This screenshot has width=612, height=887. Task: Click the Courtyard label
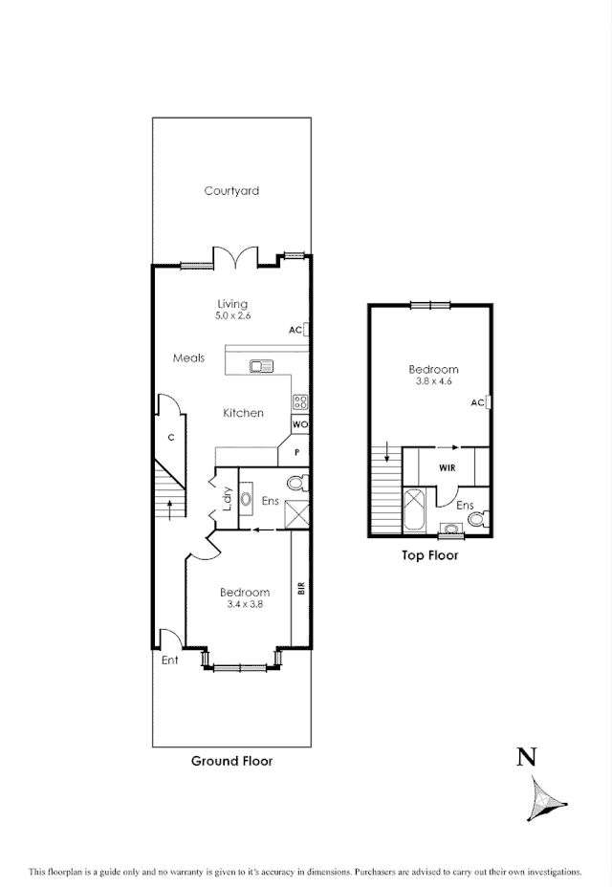pos(231,191)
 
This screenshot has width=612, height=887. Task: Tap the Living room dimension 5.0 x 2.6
pos(232,316)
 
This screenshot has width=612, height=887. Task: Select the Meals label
pos(188,358)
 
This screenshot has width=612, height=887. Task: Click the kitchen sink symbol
pos(260,365)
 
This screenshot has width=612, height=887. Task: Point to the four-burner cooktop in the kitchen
pos(299,402)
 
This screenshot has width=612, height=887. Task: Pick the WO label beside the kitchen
pos(299,424)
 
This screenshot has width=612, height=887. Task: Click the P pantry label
pos(297,452)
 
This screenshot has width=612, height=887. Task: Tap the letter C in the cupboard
pos(170,438)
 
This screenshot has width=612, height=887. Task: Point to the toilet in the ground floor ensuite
pos(297,484)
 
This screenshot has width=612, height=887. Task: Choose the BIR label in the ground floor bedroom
pos(300,589)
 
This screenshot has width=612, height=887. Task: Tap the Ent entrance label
pos(168,660)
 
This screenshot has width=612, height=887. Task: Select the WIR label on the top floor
pos(447,468)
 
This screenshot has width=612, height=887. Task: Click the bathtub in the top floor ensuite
pos(415,509)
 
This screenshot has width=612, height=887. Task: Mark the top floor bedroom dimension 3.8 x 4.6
pos(433,380)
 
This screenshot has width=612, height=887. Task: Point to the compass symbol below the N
pos(546,797)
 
